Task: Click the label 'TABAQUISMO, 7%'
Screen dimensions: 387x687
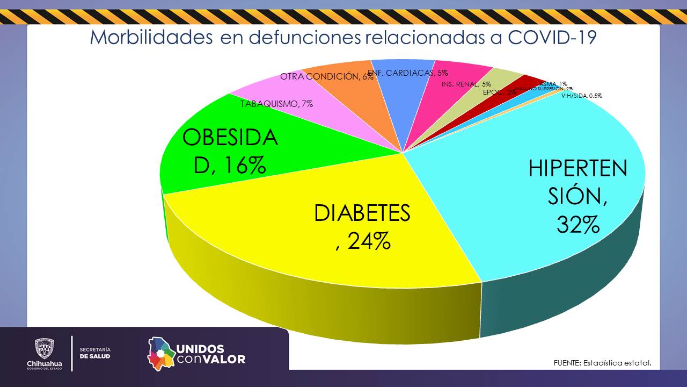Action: [x=276, y=104]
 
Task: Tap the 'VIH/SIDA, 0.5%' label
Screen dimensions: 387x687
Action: [x=582, y=96]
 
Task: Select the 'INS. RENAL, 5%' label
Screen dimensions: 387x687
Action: [x=466, y=84]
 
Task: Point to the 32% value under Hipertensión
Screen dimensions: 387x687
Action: [x=578, y=225]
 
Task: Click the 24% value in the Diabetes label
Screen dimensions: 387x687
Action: [x=369, y=241]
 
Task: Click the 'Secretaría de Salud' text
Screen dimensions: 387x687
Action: [x=95, y=353]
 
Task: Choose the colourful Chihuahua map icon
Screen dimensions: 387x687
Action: [x=162, y=354]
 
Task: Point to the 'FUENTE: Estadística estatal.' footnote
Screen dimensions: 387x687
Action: [x=602, y=363]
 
